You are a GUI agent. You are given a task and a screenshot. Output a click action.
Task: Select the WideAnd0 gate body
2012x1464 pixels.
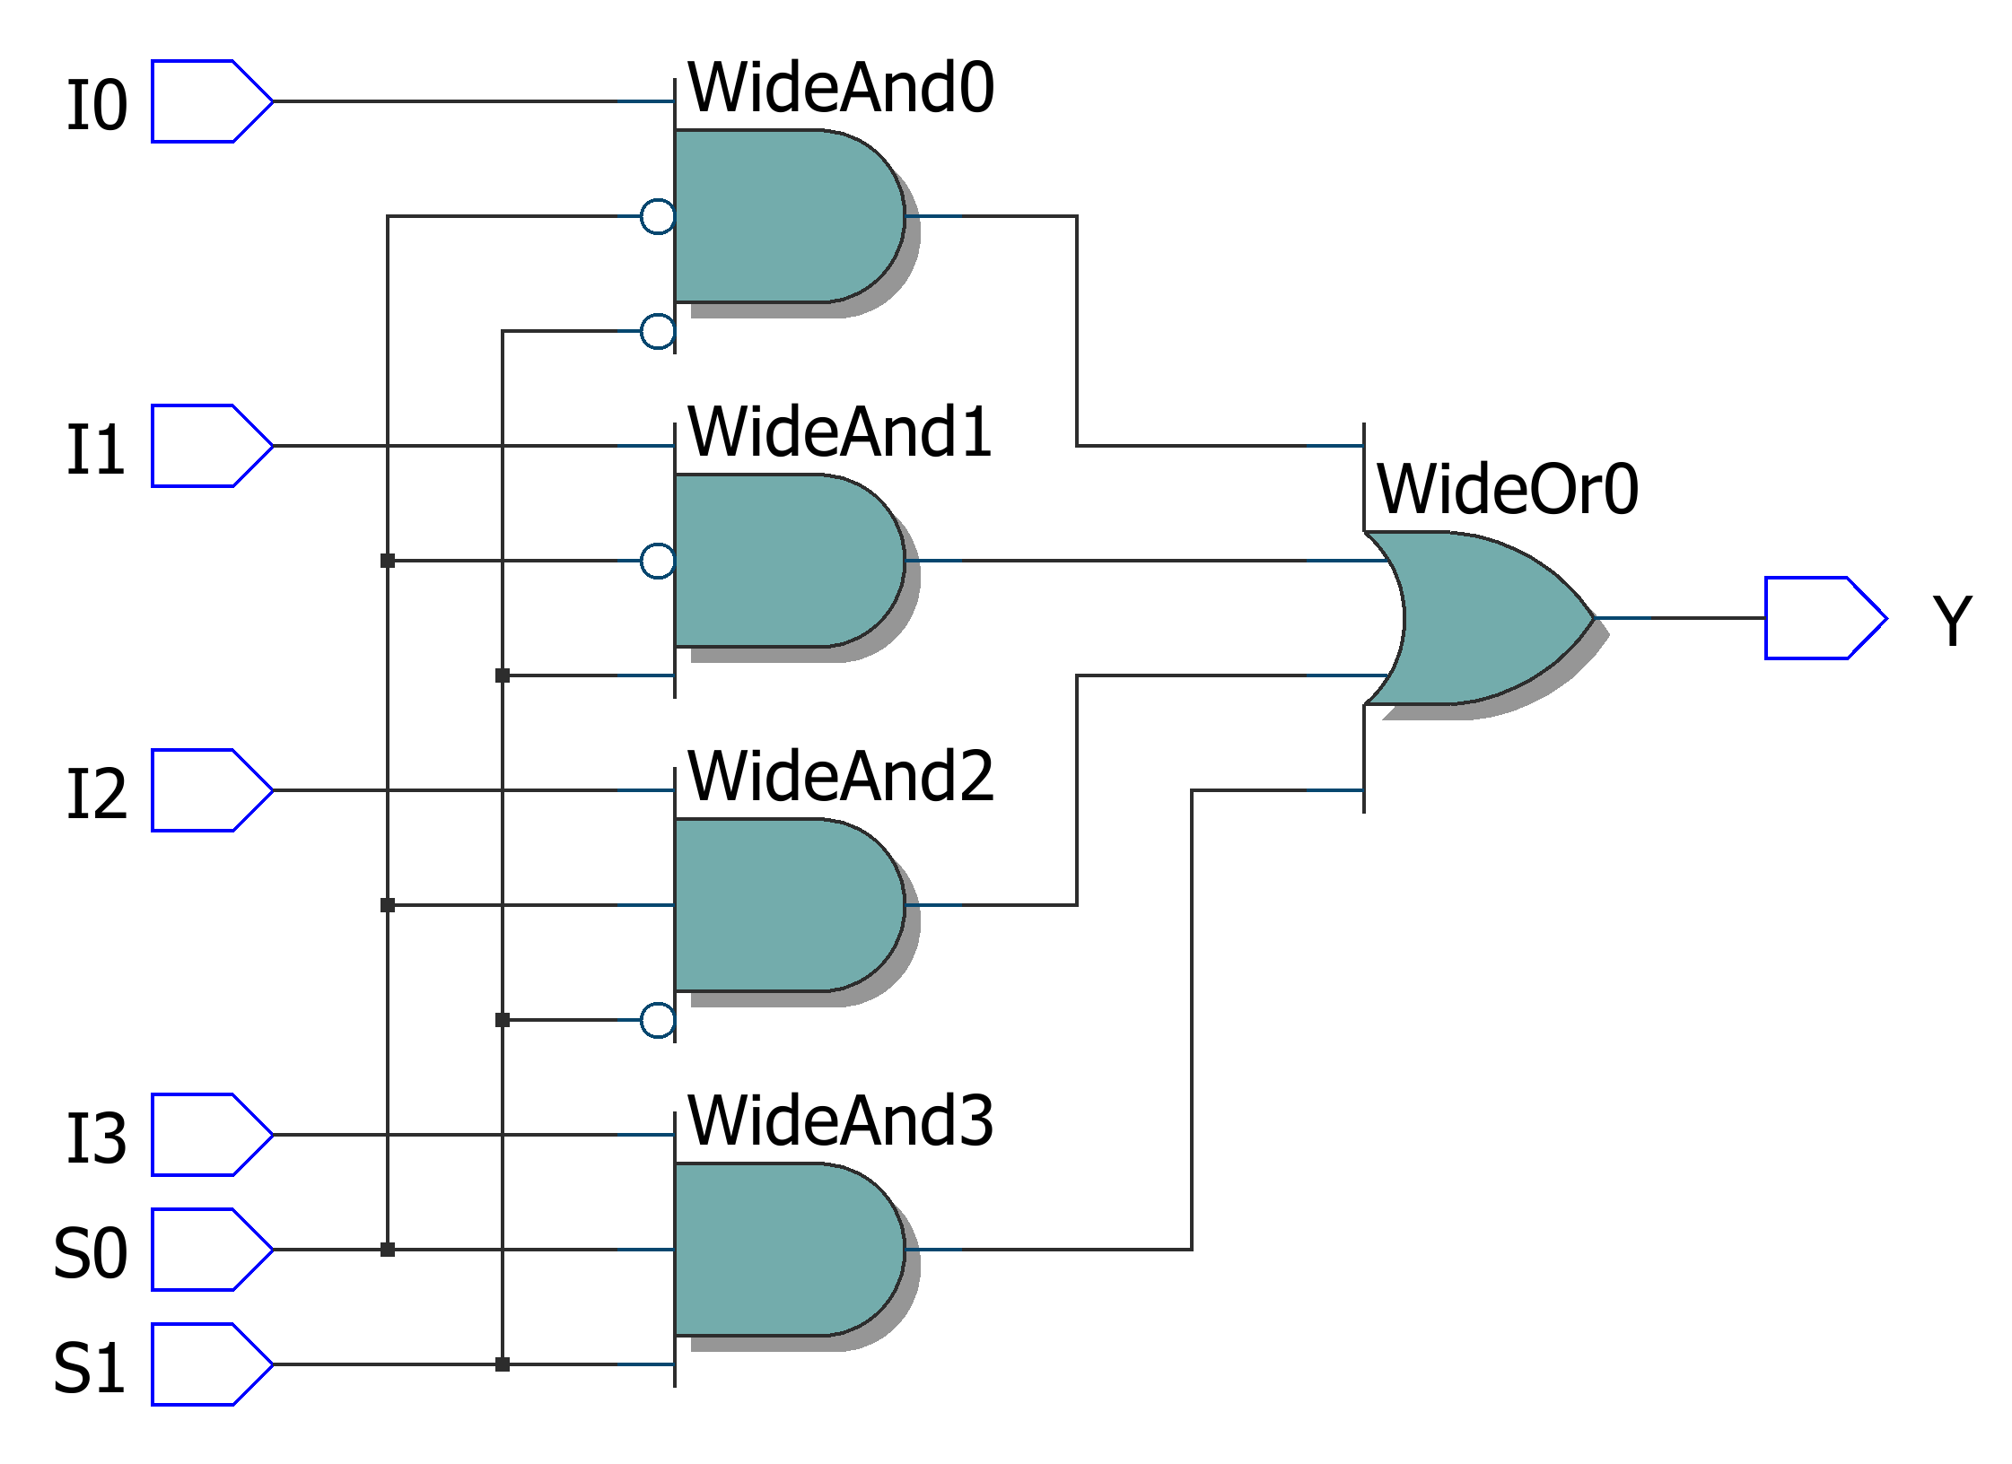[781, 216]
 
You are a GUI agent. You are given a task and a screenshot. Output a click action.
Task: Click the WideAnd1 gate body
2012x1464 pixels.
[781, 561]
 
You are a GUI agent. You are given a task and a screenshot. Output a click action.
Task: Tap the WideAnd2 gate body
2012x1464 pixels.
[781, 905]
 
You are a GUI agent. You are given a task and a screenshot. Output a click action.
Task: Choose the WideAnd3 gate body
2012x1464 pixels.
[781, 1250]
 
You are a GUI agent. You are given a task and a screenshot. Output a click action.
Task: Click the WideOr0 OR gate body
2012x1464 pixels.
[1490, 618]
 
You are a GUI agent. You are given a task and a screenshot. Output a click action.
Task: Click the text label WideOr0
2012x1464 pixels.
[1508, 490]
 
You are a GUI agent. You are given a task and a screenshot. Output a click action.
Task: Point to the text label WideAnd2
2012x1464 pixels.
[841, 777]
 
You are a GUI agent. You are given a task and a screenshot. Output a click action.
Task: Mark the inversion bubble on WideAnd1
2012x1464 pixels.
[658, 561]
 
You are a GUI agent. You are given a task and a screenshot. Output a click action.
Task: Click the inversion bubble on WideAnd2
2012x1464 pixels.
[658, 1020]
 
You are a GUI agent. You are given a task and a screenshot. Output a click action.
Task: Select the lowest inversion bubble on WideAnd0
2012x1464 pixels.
[658, 331]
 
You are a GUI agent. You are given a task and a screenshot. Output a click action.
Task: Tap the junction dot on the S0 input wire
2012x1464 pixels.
[388, 1250]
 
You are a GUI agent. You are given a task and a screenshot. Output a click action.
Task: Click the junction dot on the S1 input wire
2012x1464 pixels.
[503, 1364]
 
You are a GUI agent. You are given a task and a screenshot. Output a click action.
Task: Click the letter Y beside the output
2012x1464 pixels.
[1951, 620]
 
